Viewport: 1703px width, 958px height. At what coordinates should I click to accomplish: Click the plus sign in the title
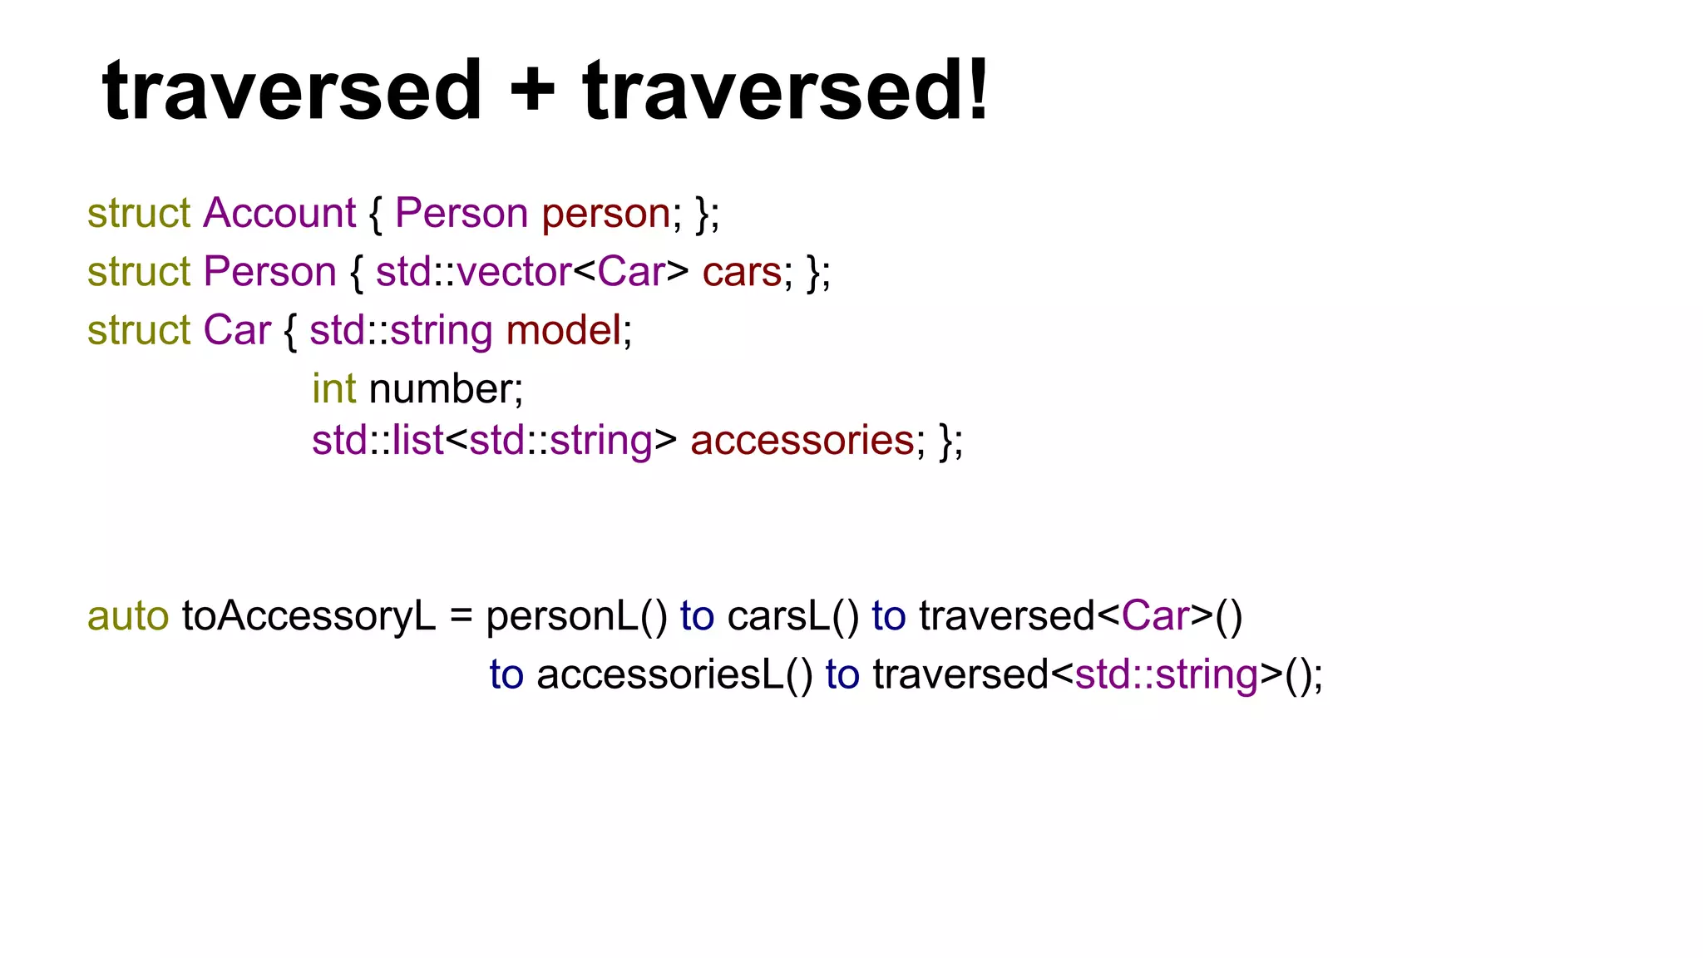point(532,90)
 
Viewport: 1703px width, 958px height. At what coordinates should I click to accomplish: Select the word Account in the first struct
point(279,213)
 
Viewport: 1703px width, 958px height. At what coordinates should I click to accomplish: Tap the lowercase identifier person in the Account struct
point(606,213)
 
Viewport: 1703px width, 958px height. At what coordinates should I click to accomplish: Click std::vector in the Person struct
point(473,272)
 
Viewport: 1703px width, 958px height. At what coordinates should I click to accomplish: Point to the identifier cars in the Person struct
point(742,272)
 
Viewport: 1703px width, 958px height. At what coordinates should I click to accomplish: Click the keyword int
point(333,388)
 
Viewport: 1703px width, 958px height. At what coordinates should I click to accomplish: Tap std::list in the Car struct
point(378,440)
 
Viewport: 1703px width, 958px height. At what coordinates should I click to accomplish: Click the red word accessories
point(802,440)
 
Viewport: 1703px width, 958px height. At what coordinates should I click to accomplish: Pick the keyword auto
point(128,616)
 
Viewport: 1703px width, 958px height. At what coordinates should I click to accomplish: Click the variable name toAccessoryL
point(309,616)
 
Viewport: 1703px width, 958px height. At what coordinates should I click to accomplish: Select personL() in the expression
point(576,616)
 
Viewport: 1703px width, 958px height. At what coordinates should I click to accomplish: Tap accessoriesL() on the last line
point(674,674)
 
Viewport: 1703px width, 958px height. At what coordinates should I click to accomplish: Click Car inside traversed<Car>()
point(1155,616)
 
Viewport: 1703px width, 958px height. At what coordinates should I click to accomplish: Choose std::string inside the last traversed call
point(1166,674)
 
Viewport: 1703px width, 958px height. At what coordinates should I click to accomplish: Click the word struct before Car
point(139,330)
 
